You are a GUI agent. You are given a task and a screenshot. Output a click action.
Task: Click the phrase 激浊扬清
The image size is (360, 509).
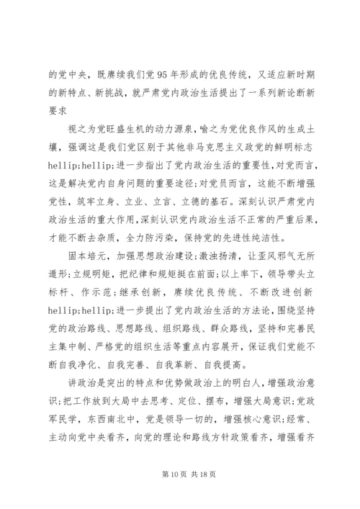pos(216,257)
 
